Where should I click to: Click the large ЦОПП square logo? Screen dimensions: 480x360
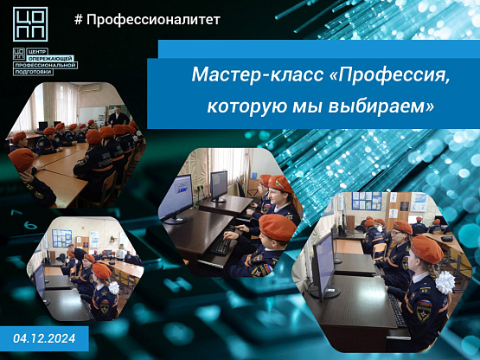pyautogui.click(x=30, y=24)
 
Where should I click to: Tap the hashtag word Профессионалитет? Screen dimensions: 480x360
pyautogui.click(x=153, y=20)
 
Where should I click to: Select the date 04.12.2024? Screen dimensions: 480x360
pyautogui.click(x=44, y=338)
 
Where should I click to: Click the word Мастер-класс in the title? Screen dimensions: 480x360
pyautogui.click(x=258, y=74)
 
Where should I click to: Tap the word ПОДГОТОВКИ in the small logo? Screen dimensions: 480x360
pyautogui.click(x=34, y=72)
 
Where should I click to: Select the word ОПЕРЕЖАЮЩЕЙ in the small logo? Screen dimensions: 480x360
pyautogui.click(x=50, y=58)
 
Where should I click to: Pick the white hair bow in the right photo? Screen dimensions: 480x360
pyautogui.click(x=445, y=282)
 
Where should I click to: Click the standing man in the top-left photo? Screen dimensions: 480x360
pyautogui.click(x=118, y=117)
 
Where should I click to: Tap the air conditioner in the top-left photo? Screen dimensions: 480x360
pyautogui.click(x=89, y=88)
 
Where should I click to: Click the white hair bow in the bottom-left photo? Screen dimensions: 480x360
pyautogui.click(x=114, y=288)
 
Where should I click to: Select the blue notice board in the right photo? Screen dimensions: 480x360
pyautogui.click(x=367, y=201)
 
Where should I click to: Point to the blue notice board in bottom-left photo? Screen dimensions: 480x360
pyautogui.click(x=61, y=238)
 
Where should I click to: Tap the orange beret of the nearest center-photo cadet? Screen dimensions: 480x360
pyautogui.click(x=277, y=228)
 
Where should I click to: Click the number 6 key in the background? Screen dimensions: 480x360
pyautogui.click(x=30, y=226)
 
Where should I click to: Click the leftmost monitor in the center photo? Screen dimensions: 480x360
pyautogui.click(x=176, y=198)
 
